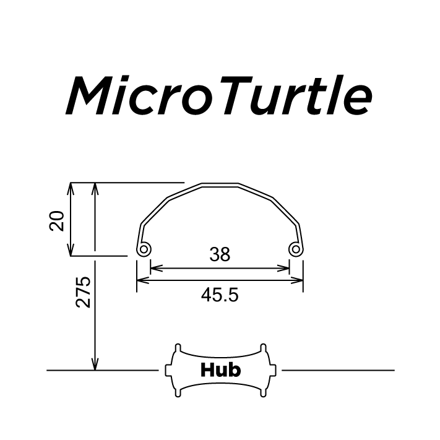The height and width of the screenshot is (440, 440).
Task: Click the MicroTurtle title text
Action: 219,95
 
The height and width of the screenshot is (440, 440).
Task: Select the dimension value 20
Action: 57,220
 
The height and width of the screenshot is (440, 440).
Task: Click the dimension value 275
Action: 83,291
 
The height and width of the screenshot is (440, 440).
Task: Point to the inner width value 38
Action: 220,254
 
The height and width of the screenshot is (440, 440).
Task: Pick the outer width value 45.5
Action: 220,295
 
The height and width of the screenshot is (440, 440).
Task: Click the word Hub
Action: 220,370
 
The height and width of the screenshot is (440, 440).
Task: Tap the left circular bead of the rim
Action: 144,249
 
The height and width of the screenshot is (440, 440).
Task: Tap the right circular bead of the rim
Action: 296,249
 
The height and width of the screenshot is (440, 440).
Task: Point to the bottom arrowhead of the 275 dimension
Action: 95,366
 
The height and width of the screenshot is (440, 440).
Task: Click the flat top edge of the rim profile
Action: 220,184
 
